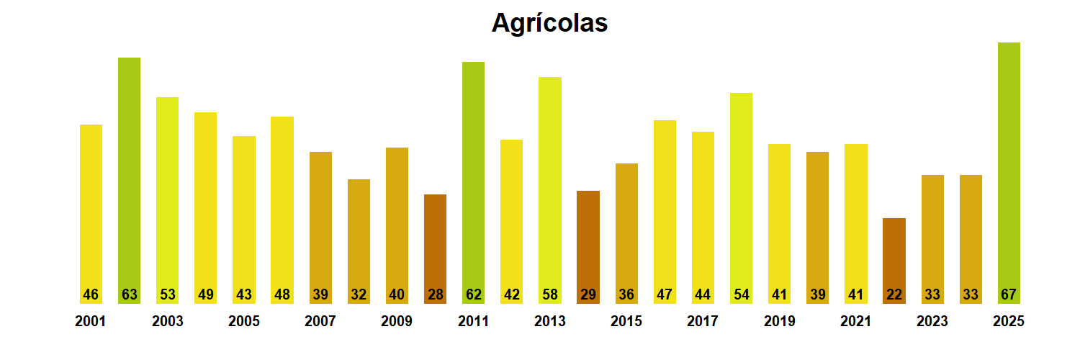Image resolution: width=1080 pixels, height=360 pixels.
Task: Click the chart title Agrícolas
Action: [x=549, y=23]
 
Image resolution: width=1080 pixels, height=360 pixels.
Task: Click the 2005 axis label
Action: [x=244, y=321]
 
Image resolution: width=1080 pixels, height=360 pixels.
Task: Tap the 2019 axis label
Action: [x=779, y=321]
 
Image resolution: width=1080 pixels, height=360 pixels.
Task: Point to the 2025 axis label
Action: [x=1009, y=321]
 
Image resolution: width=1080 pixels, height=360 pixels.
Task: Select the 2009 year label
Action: [x=397, y=321]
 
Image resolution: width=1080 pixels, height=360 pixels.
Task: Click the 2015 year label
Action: [x=626, y=321]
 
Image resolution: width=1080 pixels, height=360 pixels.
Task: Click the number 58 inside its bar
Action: [x=549, y=294]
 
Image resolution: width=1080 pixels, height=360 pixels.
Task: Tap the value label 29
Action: [x=588, y=294]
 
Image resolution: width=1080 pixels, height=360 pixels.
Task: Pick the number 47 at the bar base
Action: [x=665, y=294]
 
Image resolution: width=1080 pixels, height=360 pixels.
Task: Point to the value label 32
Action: [x=359, y=294]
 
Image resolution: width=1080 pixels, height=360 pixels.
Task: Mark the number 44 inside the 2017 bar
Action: [x=703, y=294]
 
